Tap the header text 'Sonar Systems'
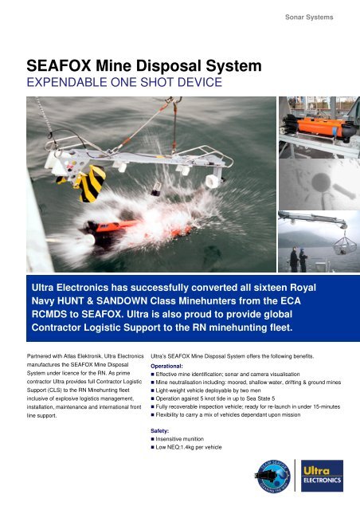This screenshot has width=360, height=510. pos(311,17)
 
